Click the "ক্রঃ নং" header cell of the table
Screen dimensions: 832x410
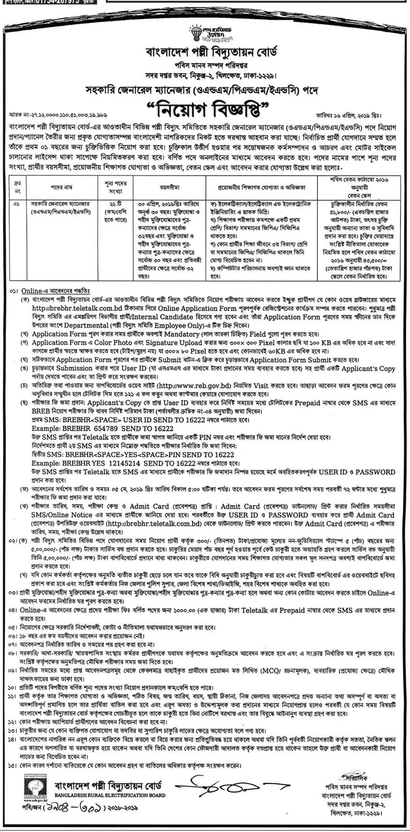tap(18, 187)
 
